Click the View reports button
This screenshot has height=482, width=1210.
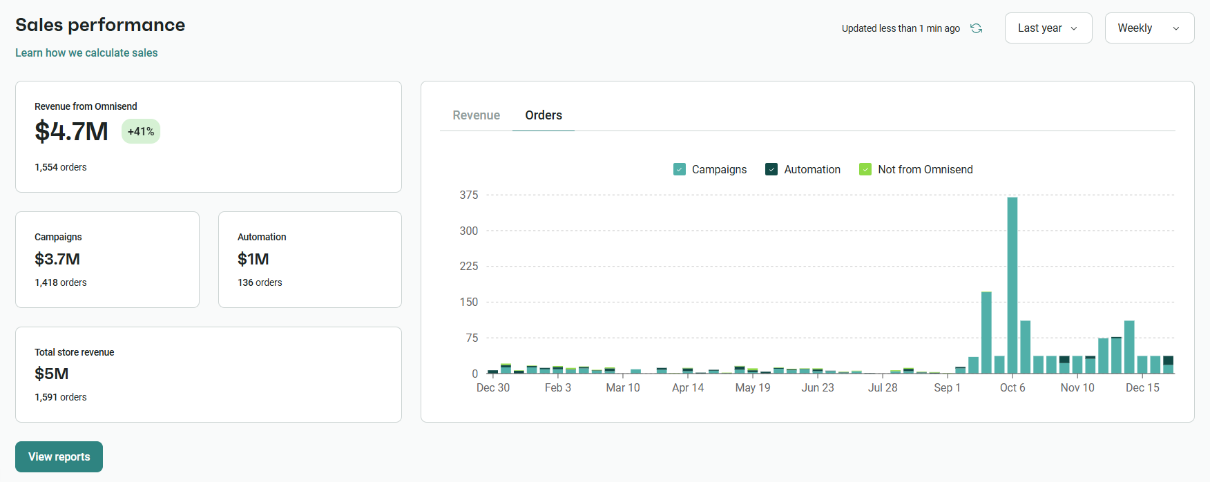59,456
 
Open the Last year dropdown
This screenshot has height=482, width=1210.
1048,28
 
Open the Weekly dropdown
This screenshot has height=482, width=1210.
1149,28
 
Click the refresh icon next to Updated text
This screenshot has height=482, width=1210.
976,28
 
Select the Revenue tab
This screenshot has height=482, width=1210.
476,115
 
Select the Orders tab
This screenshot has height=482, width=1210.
543,115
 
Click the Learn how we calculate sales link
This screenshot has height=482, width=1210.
86,52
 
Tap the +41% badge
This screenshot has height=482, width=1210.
141,131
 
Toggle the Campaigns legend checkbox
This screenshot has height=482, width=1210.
680,169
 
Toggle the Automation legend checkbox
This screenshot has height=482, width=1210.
771,169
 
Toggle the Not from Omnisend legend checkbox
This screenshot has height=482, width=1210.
865,169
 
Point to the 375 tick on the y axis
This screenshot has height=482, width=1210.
469,195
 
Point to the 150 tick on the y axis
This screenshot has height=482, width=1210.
469,302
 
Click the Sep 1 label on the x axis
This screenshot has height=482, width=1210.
947,388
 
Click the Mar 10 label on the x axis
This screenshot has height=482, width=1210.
622,388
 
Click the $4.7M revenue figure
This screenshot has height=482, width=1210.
72,131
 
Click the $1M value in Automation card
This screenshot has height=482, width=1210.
253,259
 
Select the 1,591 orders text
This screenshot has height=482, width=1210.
61,397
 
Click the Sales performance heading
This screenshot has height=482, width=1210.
100,25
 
